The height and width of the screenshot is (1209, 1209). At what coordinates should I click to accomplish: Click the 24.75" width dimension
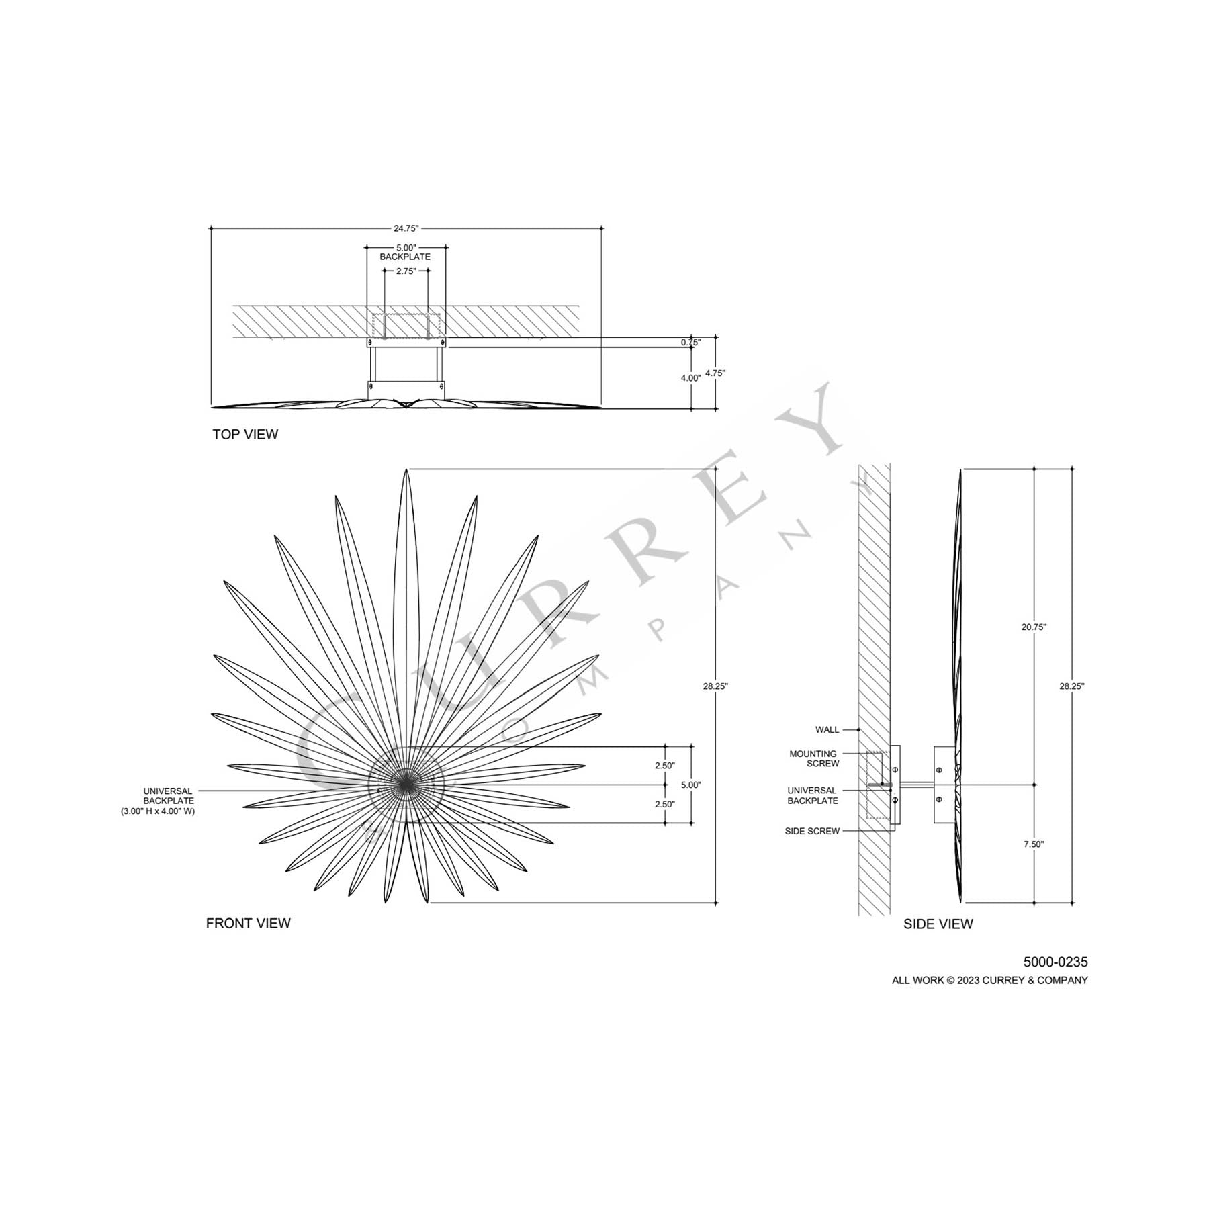406,228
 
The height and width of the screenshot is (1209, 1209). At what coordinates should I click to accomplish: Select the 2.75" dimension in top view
406,271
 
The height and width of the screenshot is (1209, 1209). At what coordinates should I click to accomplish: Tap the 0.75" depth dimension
690,342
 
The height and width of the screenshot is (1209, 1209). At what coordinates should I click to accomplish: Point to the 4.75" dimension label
715,373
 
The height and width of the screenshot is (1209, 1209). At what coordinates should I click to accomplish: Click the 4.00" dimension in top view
690,378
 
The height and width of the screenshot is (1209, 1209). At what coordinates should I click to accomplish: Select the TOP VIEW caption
245,435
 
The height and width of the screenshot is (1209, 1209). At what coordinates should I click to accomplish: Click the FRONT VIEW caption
248,924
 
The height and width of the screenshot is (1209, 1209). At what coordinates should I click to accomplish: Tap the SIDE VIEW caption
938,924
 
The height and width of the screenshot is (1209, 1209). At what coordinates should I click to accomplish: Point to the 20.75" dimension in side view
1034,627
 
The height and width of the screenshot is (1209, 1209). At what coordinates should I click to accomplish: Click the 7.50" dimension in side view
1034,844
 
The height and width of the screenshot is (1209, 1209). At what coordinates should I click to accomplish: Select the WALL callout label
827,729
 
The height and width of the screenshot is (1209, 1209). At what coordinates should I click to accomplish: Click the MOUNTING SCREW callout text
813,758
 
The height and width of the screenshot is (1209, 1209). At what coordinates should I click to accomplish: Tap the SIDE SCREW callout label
812,831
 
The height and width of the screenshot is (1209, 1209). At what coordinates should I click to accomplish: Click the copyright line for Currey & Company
989,981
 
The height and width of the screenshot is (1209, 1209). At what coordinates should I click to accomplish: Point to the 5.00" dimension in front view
690,785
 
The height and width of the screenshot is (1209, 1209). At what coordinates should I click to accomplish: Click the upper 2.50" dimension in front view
664,766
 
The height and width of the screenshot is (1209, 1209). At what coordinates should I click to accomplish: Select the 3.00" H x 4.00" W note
158,811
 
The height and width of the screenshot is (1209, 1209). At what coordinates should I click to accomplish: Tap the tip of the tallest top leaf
406,470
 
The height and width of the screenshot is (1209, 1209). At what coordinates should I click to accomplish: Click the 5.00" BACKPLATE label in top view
405,252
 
